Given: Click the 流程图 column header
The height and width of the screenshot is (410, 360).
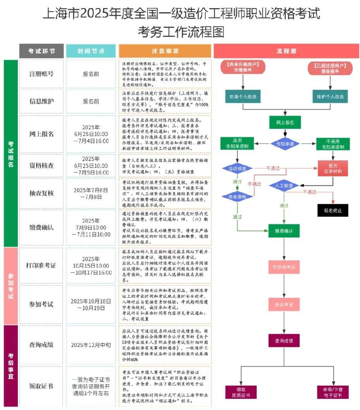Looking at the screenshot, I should [x=286, y=51].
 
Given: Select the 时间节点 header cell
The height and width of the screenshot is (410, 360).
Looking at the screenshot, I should [x=91, y=51].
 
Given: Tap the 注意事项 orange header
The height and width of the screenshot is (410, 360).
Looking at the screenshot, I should [x=165, y=51].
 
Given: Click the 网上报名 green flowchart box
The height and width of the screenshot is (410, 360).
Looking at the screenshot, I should [x=285, y=123].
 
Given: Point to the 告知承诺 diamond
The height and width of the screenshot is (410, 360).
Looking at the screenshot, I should [x=285, y=144].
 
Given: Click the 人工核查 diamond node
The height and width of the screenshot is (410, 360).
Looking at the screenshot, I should [x=284, y=186].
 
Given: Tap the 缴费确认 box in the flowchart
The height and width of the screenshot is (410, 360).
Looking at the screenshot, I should [x=284, y=231].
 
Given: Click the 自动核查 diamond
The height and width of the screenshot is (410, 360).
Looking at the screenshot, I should [x=237, y=169].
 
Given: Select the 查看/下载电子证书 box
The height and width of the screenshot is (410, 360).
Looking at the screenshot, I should [x=332, y=392].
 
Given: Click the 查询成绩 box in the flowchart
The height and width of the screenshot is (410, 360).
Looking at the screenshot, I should [x=284, y=341].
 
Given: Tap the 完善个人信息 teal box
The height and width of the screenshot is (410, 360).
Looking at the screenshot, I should [x=243, y=96].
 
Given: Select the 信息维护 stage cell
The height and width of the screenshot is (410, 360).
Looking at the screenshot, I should [x=41, y=101].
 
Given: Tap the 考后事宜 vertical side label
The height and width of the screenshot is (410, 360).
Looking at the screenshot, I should [x=11, y=366].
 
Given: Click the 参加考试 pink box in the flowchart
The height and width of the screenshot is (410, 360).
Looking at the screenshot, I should [x=284, y=304].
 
